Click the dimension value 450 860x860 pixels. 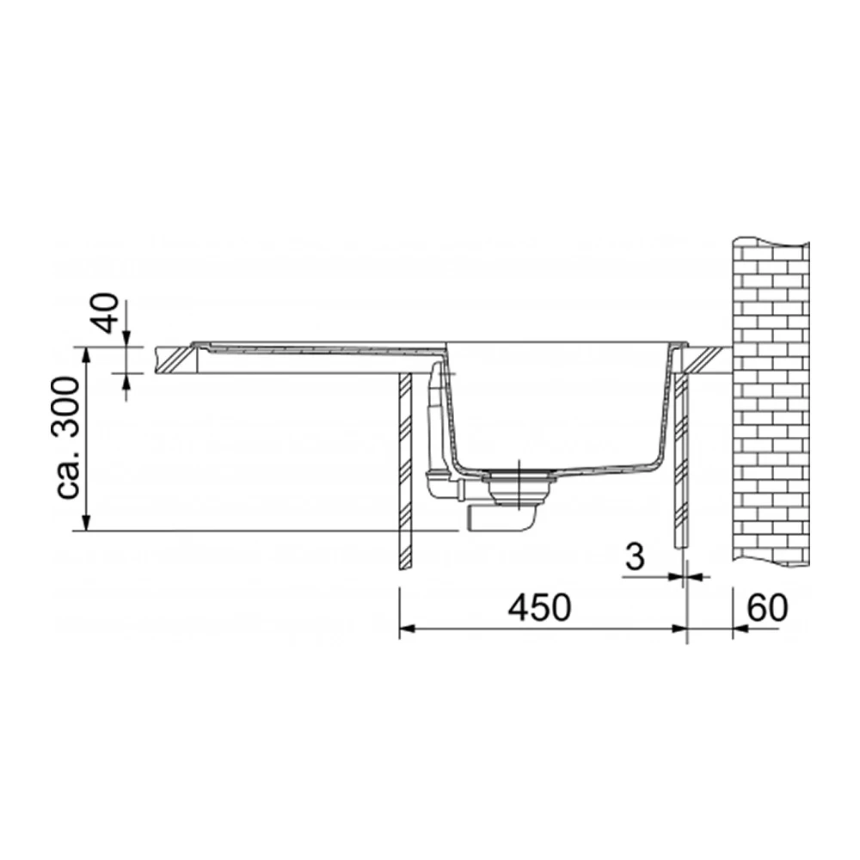click(x=540, y=608)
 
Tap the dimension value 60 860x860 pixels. click(x=767, y=607)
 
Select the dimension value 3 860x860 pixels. click(x=636, y=557)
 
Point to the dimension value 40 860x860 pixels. click(x=105, y=313)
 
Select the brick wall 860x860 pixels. click(x=770, y=403)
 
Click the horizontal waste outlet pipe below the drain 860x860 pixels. click(x=499, y=519)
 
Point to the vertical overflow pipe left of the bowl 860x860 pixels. click(x=435, y=417)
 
